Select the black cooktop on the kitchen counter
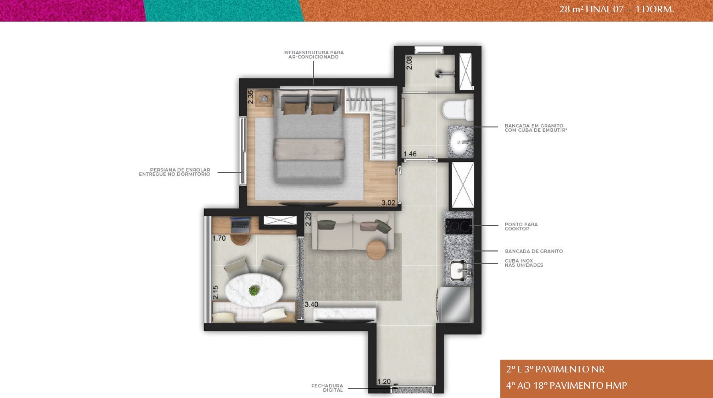[x=458, y=226]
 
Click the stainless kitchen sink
[x=459, y=271]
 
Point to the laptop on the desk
[x=240, y=225]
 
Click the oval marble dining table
[x=254, y=290]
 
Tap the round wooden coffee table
[x=376, y=250]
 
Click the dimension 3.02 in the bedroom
[x=388, y=203]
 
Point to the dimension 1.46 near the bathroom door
[x=410, y=154]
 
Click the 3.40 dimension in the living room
[x=311, y=305]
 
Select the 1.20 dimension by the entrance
[x=384, y=381]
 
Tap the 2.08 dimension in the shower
[x=409, y=63]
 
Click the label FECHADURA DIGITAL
[x=327, y=388]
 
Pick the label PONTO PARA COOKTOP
[x=521, y=227]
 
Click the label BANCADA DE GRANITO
[x=534, y=251]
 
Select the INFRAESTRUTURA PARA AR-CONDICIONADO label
[x=314, y=55]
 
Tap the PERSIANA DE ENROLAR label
[x=180, y=170]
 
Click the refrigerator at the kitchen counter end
[x=454, y=305]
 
